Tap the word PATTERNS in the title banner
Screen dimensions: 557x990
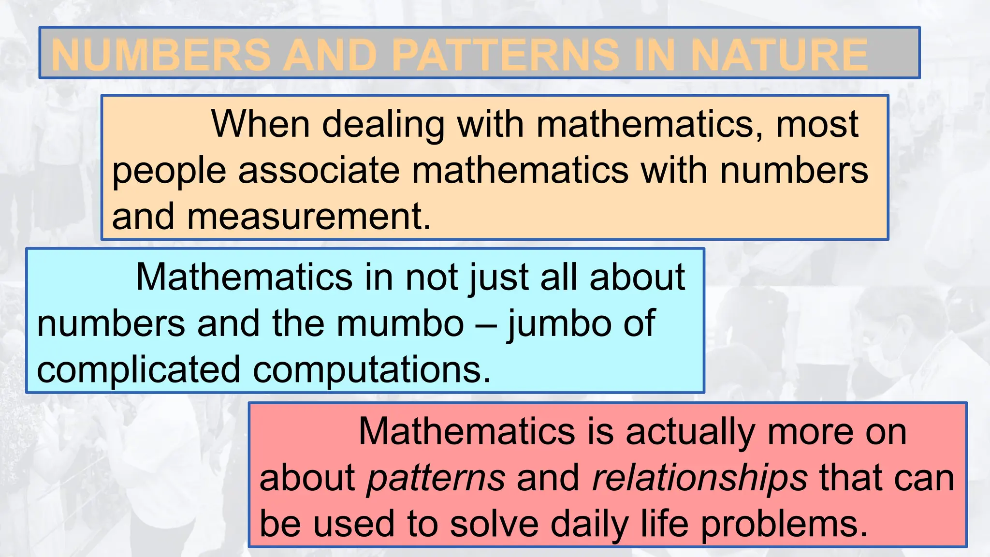pos(505,54)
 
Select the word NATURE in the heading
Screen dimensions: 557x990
pos(779,54)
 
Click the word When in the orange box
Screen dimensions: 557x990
pos(261,124)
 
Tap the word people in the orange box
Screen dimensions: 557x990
pos(169,172)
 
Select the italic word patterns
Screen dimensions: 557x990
pos(436,478)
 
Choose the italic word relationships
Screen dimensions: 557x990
pos(699,478)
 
